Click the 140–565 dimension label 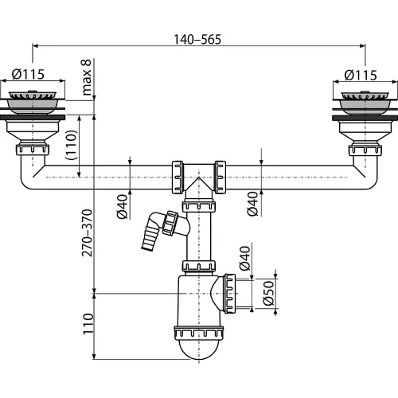[197, 39]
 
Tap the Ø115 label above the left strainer [28, 74]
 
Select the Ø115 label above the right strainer [361, 75]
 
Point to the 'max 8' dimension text [87, 77]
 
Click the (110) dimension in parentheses [72, 145]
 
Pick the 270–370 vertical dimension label [87, 233]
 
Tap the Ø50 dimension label [268, 293]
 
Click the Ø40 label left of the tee [123, 207]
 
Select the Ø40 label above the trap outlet [244, 258]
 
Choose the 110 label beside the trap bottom [88, 324]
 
